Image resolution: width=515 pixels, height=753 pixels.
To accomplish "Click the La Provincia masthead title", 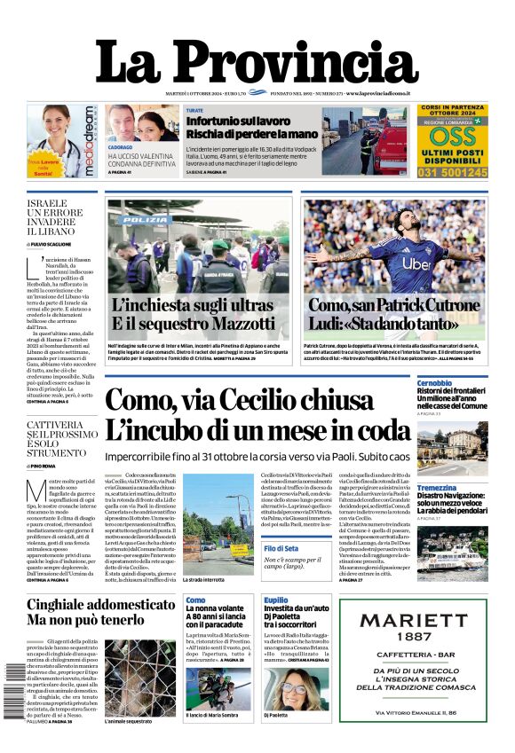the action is pyautogui.click(x=257, y=61).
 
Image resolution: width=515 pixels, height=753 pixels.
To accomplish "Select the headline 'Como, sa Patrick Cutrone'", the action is pyautogui.click(x=396, y=305).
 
